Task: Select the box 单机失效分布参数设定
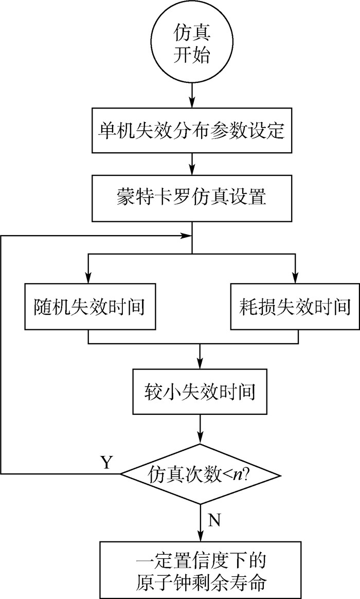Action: coord(191,130)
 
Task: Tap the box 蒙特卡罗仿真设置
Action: coord(191,198)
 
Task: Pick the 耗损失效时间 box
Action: coord(295,307)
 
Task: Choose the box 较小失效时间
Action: coord(200,392)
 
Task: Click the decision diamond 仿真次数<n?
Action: coord(200,473)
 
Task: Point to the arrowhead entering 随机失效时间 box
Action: coord(89,278)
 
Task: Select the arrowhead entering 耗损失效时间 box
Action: coord(295,278)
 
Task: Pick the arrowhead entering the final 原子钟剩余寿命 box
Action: coord(200,535)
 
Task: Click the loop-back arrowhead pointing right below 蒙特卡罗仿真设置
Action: coord(186,236)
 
